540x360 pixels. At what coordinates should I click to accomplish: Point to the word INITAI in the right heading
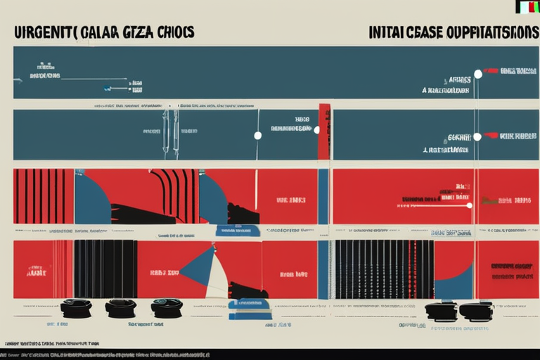(x=385, y=32)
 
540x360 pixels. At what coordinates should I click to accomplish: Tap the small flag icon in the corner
(x=527, y=7)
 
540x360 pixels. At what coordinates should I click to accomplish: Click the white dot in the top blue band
(x=478, y=74)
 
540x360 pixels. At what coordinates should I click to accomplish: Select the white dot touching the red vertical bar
(x=316, y=130)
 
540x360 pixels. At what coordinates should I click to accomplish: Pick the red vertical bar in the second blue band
(x=324, y=131)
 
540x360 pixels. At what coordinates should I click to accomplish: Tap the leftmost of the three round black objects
(x=76, y=308)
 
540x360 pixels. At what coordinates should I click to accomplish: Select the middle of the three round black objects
(x=121, y=308)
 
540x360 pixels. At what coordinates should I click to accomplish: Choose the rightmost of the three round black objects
(x=167, y=307)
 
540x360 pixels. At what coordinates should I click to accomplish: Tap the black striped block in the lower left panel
(x=105, y=269)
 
